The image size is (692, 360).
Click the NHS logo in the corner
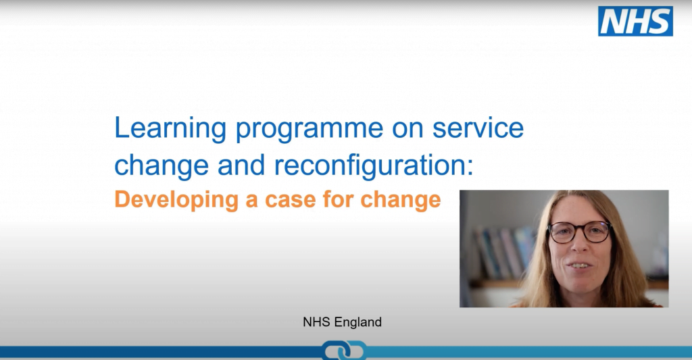click(x=635, y=21)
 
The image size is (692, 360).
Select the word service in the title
click(x=478, y=128)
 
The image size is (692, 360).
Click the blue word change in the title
click(x=162, y=165)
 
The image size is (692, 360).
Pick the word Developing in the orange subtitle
click(x=176, y=200)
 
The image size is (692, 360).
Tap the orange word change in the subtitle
click(x=401, y=200)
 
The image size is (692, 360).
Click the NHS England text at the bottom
click(x=342, y=322)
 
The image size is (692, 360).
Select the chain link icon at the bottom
click(x=344, y=351)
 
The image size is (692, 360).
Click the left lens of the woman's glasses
click(x=562, y=232)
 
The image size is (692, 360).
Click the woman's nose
click(x=580, y=245)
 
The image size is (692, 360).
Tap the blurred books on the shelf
click(x=503, y=252)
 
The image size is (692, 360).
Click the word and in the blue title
click(x=241, y=165)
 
